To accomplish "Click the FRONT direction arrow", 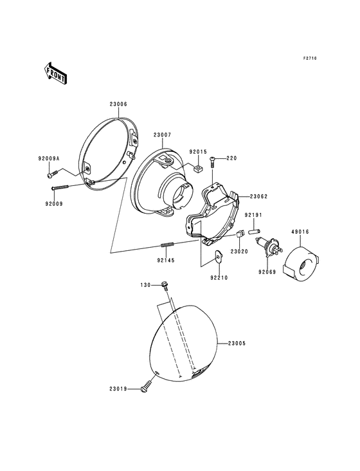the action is coord(55,73).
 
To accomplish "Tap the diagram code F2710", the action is coord(310,59).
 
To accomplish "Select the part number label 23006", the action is coord(118,104).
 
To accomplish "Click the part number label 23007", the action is coord(162,135).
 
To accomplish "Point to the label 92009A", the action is coord(49,158).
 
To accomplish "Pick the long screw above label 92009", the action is coord(60,187).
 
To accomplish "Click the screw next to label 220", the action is coord(212,162).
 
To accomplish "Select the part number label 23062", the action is coord(258,197).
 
